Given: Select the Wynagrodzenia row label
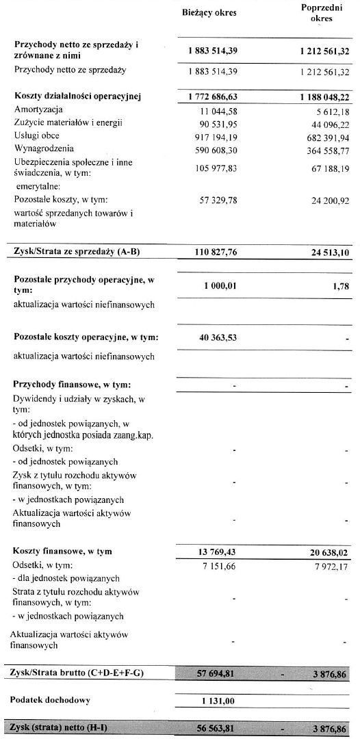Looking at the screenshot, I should click(x=43, y=148).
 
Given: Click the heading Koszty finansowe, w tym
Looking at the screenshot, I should click(x=62, y=551).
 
